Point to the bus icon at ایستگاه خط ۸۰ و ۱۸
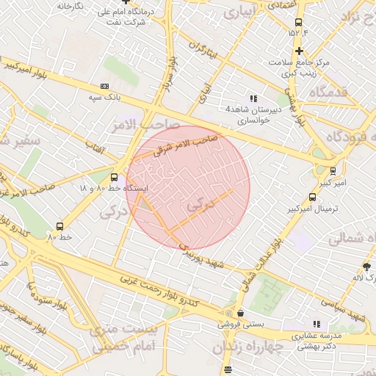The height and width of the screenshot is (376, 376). pyautogui.click(x=113, y=177)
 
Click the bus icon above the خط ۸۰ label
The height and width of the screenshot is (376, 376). pyautogui.click(x=59, y=226)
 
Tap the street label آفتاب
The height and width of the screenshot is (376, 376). pyautogui.click(x=95, y=149)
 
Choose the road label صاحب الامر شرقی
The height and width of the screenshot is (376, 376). pyautogui.click(x=187, y=145)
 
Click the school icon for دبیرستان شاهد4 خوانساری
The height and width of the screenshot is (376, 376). pyautogui.click(x=253, y=98)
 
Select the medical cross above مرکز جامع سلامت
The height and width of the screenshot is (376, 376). pyautogui.click(x=299, y=51)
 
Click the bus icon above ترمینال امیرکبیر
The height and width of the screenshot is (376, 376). pyautogui.click(x=313, y=197)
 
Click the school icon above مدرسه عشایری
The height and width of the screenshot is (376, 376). pyautogui.click(x=317, y=323)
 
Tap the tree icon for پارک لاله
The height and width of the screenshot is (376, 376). pyautogui.click(x=366, y=266)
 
